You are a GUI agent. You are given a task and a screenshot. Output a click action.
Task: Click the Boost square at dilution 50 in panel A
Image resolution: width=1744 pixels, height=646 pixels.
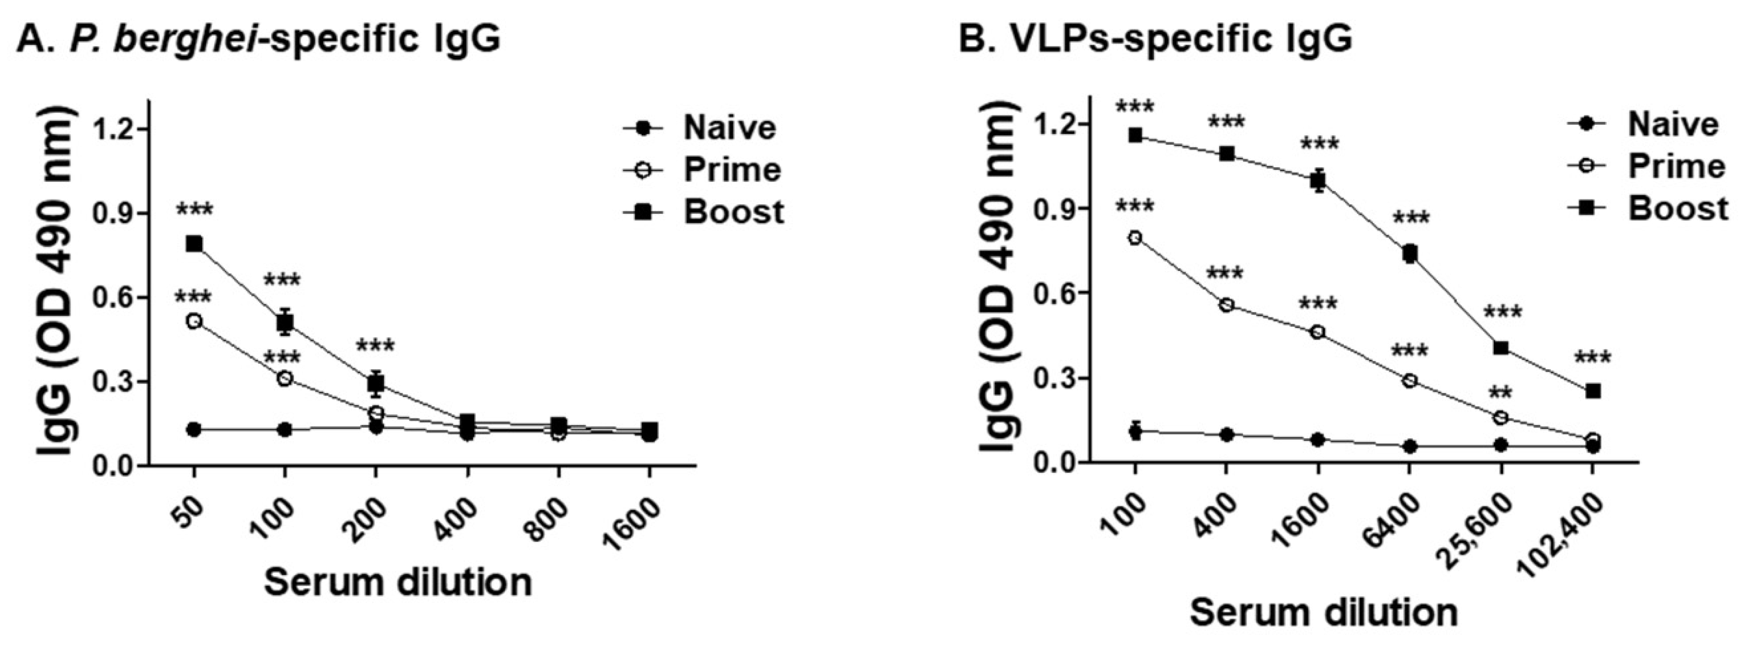coord(195,244)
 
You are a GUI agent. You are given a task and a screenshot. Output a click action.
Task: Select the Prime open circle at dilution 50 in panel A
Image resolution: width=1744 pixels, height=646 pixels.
coord(195,321)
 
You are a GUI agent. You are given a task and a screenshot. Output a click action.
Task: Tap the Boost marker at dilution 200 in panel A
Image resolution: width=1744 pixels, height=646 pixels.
coord(376,384)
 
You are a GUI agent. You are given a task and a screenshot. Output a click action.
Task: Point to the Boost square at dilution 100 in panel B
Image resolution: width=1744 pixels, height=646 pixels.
coord(1135,135)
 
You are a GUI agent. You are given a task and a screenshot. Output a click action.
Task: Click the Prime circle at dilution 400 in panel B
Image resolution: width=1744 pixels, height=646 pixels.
coord(1227,305)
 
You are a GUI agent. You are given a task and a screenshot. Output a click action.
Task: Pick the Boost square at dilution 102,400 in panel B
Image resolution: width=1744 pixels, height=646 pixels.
coord(1593,391)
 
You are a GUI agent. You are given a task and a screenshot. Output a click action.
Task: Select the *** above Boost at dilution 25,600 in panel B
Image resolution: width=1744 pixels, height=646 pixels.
coord(1503,313)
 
